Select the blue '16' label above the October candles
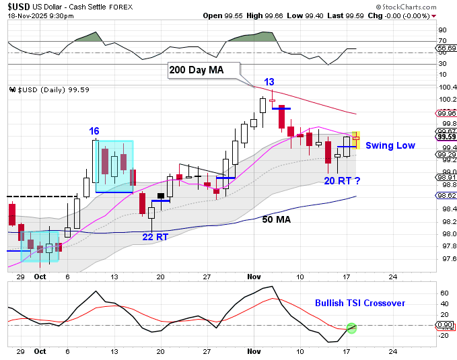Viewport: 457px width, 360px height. tap(95, 131)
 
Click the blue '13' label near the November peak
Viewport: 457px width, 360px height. tap(269, 82)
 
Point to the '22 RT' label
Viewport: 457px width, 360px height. tap(155, 236)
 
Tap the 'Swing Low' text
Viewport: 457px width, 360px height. tap(390, 145)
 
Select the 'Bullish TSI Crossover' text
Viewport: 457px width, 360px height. tap(360, 303)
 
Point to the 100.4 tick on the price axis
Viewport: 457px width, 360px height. tap(446, 87)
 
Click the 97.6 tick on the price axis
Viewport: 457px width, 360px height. tap(446, 258)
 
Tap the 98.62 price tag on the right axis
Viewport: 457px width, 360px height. tap(446, 196)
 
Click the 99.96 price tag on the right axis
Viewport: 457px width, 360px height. tap(446, 113)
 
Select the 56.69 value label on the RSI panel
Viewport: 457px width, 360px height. tap(446, 48)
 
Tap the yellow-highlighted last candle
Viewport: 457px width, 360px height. tap(357, 139)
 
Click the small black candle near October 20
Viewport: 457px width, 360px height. tap(161, 196)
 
